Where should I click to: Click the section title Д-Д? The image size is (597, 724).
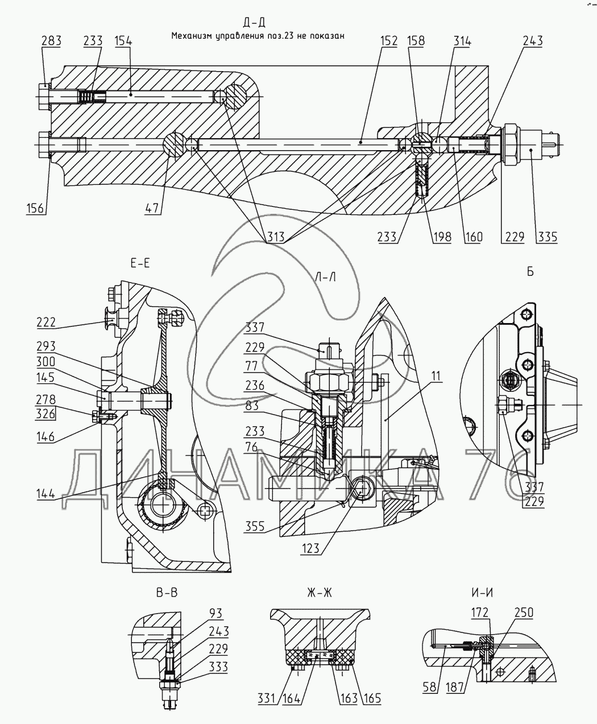(x=254, y=22)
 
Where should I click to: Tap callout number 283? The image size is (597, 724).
(x=52, y=41)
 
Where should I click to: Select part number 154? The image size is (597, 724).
(x=123, y=41)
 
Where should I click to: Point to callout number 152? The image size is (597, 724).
(x=389, y=41)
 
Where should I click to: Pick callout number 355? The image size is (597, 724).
(x=255, y=526)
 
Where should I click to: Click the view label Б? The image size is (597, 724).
(x=530, y=271)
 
